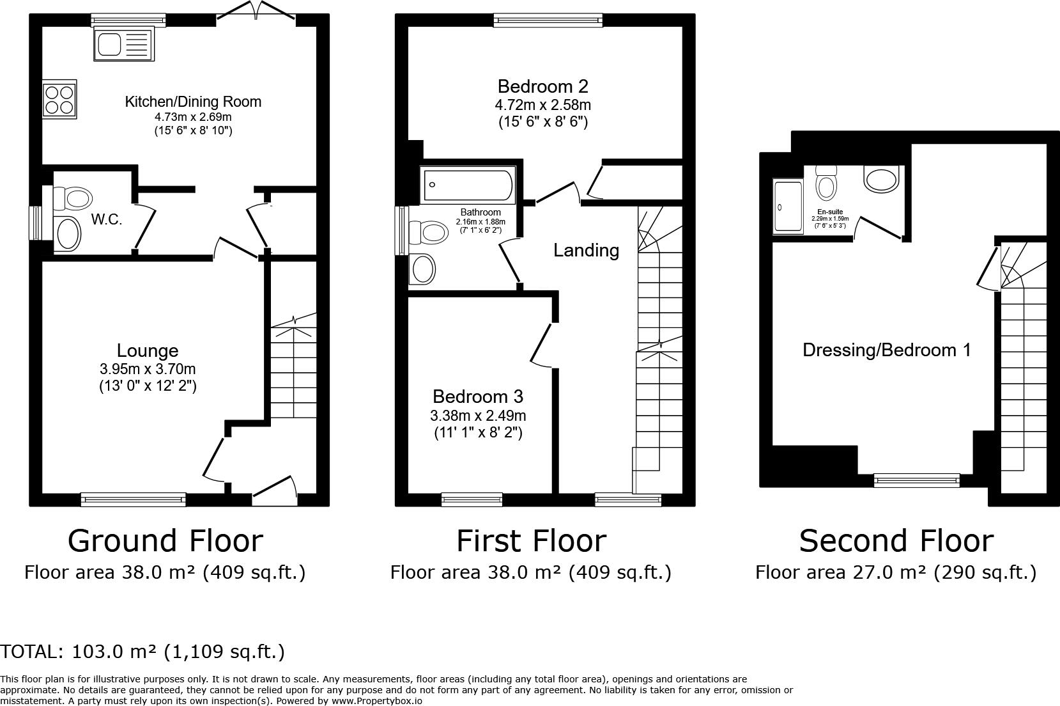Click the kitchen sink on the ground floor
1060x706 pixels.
coord(124,45)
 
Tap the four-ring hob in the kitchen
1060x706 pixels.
coord(59,99)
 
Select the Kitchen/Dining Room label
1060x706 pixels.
coord(193,102)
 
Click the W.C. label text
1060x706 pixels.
coord(107,219)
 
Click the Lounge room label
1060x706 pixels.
coord(148,351)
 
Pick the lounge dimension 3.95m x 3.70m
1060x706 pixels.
coord(148,369)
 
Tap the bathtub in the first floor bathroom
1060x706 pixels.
coord(468,185)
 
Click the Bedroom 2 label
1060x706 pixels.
coord(542,87)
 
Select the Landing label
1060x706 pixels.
coord(587,251)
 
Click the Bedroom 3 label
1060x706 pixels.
coord(478,396)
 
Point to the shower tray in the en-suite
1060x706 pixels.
coord(788,207)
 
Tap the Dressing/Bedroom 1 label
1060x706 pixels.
coord(887,350)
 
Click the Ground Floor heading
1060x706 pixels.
coord(165,541)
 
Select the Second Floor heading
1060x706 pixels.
coord(896,541)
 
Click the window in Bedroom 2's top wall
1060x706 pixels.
coord(548,20)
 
